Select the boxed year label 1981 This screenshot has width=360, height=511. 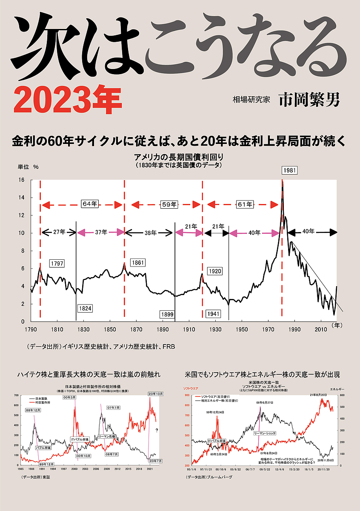click(x=290, y=170)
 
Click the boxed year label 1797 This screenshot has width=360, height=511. click(x=57, y=264)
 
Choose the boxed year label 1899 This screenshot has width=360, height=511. click(x=167, y=314)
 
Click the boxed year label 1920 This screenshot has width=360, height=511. click(x=215, y=271)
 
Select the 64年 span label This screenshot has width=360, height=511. click(x=90, y=204)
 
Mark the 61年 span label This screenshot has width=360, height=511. click(x=245, y=204)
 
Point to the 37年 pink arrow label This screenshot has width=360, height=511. click(x=101, y=232)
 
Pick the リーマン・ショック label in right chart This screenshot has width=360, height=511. click(x=266, y=433)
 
